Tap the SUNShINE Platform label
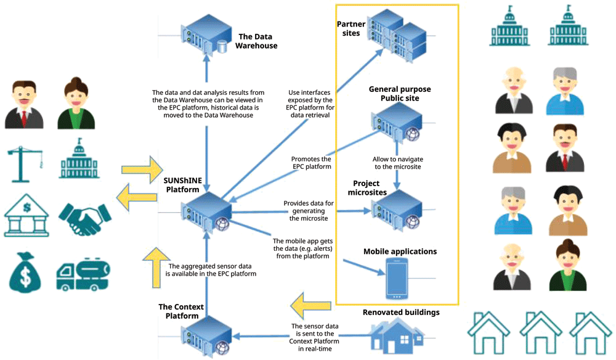[183, 185]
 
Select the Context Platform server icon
[206, 336]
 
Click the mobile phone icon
[397, 279]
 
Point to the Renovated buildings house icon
[397, 335]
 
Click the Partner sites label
[351, 29]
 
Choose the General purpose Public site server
[397, 123]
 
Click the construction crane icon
[25, 164]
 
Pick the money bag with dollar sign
[25, 272]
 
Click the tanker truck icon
[83, 274]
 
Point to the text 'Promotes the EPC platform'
[312, 163]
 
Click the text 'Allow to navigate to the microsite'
[397, 163]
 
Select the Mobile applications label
[400, 252]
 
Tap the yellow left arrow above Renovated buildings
[310, 305]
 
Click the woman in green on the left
[76, 103]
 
